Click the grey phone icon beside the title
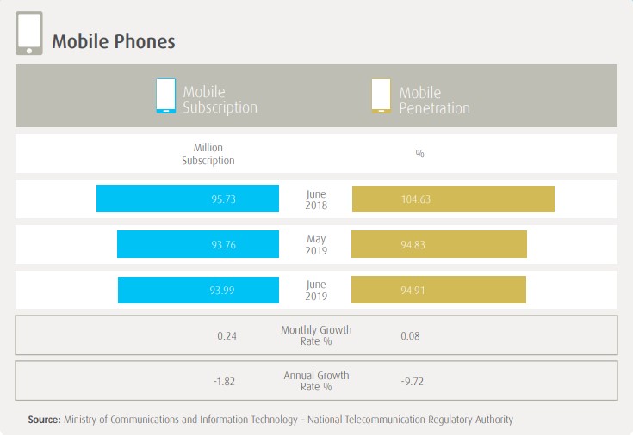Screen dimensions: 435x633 29,34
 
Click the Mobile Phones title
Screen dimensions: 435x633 114,41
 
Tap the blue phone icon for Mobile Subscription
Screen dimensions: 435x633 165,95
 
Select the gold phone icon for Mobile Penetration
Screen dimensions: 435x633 381,95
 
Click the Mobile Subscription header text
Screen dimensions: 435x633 220,100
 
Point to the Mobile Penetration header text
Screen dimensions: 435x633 434,100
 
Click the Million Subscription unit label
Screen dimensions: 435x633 208,154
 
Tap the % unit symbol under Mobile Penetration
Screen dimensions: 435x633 420,154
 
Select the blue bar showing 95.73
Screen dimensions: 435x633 188,199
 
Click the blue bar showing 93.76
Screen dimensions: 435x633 198,244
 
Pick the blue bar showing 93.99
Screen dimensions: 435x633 198,290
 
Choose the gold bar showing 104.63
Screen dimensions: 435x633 453,199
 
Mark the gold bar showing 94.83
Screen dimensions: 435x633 439,244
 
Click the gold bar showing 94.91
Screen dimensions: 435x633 439,290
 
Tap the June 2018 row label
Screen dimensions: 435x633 316,199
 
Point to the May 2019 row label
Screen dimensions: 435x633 316,244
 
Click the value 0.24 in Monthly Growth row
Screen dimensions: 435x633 227,335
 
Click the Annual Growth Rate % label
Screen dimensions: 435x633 316,381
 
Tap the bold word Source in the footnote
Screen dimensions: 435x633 43,420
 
